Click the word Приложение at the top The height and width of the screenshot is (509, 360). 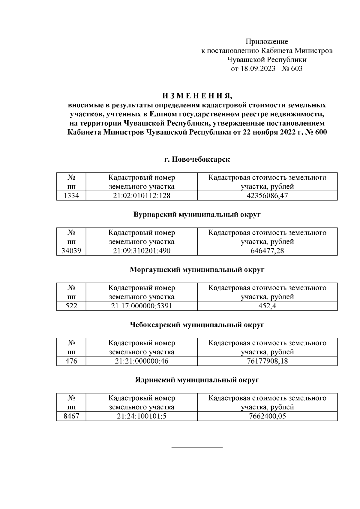[x=267, y=41]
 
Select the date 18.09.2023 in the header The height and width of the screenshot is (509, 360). [x=258, y=69]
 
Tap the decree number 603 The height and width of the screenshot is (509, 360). [x=296, y=69]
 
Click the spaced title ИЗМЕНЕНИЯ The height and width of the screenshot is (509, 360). [x=197, y=96]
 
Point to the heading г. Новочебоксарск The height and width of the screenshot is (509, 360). [x=197, y=159]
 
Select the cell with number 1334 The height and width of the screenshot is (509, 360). [x=71, y=196]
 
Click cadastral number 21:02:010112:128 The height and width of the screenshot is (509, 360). [x=142, y=196]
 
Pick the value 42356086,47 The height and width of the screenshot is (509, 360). [x=267, y=196]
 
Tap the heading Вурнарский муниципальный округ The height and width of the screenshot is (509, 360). [x=197, y=214]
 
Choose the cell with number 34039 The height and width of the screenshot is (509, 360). [x=71, y=251]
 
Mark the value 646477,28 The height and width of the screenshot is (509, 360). [x=267, y=251]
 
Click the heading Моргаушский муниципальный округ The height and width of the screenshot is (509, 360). [x=197, y=270]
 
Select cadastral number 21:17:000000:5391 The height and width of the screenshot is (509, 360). [x=142, y=306]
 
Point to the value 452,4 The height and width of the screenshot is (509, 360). [x=267, y=306]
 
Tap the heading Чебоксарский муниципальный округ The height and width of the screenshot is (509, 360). [x=197, y=325]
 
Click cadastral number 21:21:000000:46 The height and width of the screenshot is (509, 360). [x=142, y=361]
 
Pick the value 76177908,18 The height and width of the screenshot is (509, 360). [x=267, y=361]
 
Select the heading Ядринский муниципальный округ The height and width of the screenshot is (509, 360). [x=197, y=380]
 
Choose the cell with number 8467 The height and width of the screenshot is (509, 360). [x=71, y=416]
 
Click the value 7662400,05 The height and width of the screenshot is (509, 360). [x=267, y=416]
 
